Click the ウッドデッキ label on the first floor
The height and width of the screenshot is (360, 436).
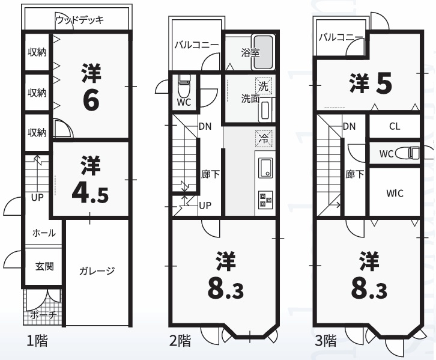point(79,20)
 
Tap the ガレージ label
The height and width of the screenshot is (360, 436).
point(96,271)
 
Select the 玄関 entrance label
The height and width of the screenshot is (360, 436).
point(44,266)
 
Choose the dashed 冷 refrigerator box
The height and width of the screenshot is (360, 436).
point(263,138)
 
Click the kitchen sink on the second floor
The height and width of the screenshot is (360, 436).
point(264,168)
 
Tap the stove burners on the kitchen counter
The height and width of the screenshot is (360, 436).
point(264,199)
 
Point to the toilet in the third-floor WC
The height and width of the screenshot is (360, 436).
point(413,153)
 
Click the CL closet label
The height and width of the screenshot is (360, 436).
point(394,127)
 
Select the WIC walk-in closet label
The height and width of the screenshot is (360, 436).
point(394,194)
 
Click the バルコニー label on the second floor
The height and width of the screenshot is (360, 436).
point(196,44)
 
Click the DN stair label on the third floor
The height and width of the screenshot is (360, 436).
point(349,127)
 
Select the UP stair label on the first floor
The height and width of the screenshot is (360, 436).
point(37,198)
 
